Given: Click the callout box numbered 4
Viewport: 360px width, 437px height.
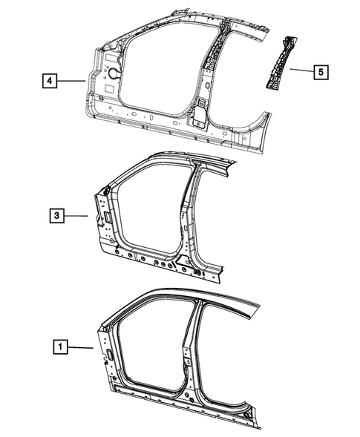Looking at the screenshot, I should (x=48, y=80).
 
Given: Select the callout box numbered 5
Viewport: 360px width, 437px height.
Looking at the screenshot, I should (x=321, y=73).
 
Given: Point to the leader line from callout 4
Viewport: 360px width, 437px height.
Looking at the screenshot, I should (x=72, y=80).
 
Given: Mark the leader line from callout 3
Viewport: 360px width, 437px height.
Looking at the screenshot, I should (x=77, y=216).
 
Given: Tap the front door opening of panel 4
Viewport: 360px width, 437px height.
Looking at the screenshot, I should (x=156, y=74).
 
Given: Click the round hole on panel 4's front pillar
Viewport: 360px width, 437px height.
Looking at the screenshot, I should (x=116, y=74).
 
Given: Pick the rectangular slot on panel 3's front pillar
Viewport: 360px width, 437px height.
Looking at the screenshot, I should (x=108, y=216).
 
